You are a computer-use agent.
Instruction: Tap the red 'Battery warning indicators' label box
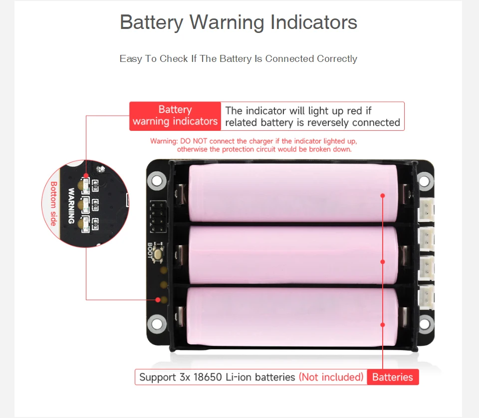(175, 116)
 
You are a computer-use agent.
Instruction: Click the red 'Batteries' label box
(392, 377)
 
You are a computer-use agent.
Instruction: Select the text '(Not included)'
(331, 377)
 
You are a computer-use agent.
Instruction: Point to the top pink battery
(293, 193)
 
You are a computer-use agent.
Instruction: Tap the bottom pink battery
(293, 316)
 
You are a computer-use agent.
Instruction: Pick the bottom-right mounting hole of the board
(425, 324)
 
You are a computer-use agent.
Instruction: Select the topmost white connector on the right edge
(427, 208)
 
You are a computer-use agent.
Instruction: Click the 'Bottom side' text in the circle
(53, 204)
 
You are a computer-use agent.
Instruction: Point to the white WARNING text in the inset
(71, 206)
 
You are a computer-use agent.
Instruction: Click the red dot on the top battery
(383, 196)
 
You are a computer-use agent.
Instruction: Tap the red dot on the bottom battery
(383, 325)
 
